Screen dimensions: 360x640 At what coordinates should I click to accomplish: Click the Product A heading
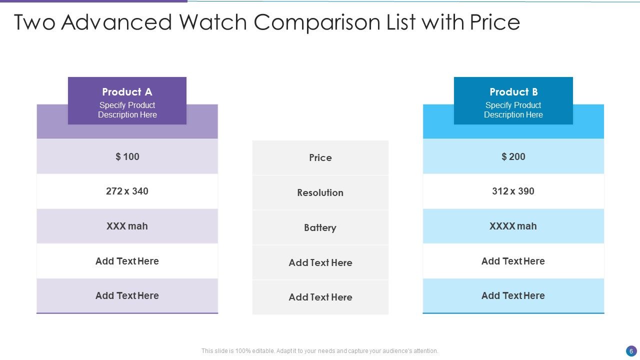tap(127, 92)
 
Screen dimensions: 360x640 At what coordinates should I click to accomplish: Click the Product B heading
tap(513, 92)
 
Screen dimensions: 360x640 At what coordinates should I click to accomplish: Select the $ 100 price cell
tap(127, 157)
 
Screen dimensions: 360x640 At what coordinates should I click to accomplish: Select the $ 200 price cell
tap(513, 157)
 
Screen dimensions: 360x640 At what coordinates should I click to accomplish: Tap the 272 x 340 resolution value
tap(127, 191)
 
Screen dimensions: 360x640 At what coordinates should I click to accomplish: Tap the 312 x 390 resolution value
tap(513, 191)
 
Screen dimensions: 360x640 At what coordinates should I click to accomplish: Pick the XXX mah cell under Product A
tap(127, 226)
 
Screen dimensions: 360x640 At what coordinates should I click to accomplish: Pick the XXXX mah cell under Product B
tap(513, 226)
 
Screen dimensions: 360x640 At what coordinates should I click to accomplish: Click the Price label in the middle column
tap(320, 158)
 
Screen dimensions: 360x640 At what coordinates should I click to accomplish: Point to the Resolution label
tap(320, 193)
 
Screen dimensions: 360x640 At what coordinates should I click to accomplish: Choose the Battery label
tap(320, 228)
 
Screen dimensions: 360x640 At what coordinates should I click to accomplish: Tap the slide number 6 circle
tap(631, 351)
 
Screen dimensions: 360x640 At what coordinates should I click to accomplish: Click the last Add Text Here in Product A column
tap(127, 296)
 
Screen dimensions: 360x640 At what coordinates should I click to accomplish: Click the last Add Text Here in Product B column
tap(513, 296)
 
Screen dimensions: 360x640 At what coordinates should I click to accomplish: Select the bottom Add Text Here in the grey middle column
tap(320, 297)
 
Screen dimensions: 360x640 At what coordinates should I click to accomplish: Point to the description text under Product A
tap(127, 110)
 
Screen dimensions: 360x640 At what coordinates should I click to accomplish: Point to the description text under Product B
tap(513, 110)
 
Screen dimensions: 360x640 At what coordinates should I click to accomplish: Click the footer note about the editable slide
tap(319, 351)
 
